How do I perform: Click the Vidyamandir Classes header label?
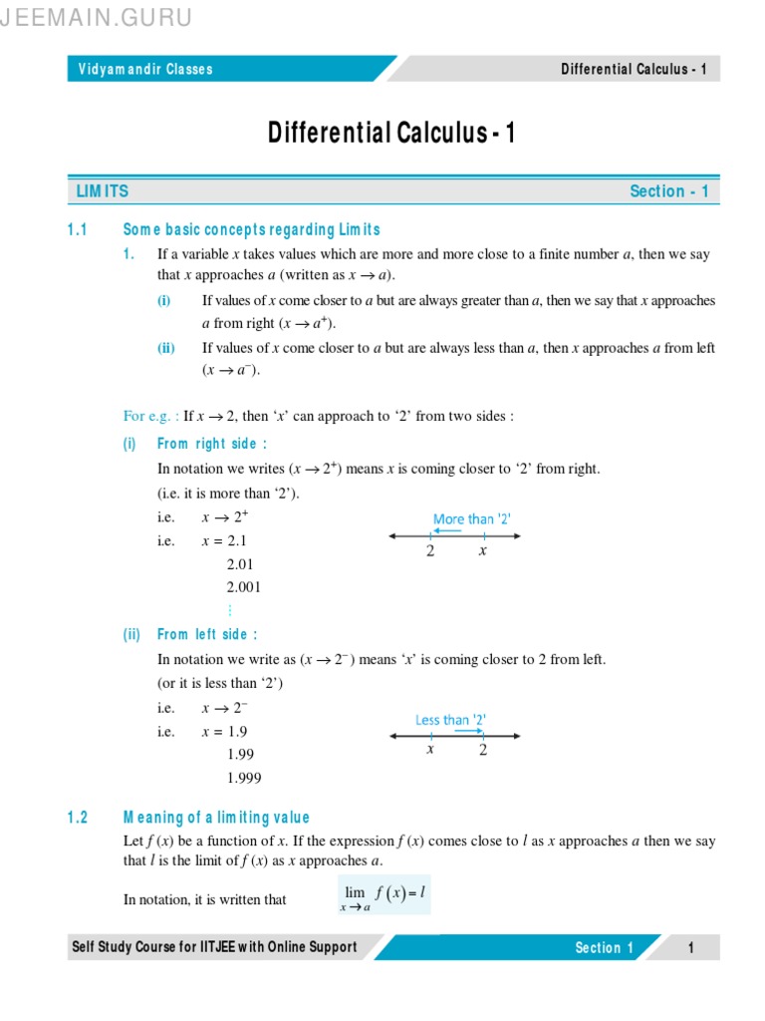(x=145, y=69)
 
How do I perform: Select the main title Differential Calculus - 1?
(x=391, y=133)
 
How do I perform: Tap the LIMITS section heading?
(x=103, y=191)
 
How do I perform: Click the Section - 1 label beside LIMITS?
(x=669, y=191)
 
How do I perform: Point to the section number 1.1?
(x=79, y=230)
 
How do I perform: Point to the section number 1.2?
(x=79, y=818)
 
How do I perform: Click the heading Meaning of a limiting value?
(x=216, y=818)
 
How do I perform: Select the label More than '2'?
(x=472, y=518)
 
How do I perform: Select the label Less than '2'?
(x=450, y=719)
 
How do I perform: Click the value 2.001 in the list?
(x=244, y=587)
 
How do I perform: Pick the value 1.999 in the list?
(x=244, y=778)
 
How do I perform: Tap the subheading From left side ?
(x=207, y=634)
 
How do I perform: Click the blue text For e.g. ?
(x=151, y=416)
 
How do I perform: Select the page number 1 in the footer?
(x=690, y=948)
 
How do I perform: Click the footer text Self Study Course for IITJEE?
(x=213, y=947)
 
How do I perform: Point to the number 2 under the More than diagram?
(x=430, y=550)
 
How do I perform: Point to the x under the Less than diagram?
(x=430, y=750)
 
